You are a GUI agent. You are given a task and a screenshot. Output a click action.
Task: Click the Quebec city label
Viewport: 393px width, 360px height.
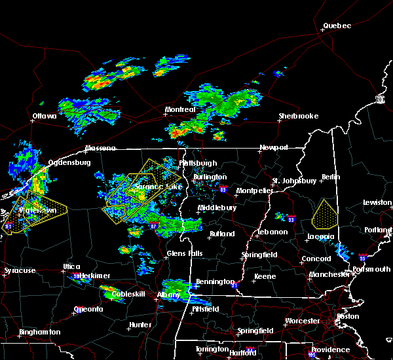pos(337,26)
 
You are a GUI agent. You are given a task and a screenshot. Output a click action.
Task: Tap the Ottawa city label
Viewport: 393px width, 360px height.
pos(45,117)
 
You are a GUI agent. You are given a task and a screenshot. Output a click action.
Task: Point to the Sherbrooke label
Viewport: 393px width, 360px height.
pos(298,116)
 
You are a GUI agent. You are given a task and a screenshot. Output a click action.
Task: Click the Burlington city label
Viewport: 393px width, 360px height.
pos(210,177)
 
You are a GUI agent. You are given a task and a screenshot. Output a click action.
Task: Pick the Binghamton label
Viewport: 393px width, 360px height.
pos(39,332)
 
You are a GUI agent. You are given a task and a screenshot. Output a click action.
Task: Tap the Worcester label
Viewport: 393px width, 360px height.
pos(302,321)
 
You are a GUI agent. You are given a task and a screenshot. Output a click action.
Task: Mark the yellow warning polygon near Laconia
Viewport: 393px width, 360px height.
pos(323,214)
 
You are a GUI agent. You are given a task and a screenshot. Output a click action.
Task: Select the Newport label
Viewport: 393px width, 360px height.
pos(273,147)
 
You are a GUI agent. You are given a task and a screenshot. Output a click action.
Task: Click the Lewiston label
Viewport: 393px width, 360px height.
pos(377,203)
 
